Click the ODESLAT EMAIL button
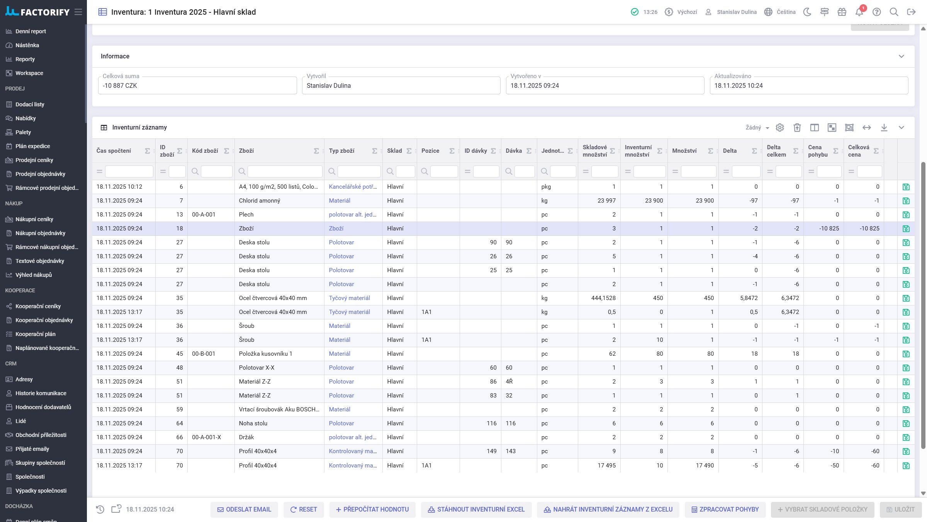coord(244,509)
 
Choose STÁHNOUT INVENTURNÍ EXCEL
coord(476,509)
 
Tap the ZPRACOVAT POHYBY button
coord(725,509)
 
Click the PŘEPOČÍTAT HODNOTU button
coord(372,509)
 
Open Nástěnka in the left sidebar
coord(27,45)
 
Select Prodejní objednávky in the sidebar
coord(40,174)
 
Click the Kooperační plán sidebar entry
coord(35,334)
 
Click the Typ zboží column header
coord(341,151)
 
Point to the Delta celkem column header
coord(776,151)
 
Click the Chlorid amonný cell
coord(260,201)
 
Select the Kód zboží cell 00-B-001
coord(204,354)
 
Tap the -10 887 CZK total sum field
coord(197,85)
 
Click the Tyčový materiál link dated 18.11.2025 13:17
coord(349,312)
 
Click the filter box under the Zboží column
coord(285,171)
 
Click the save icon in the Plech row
coord(906,215)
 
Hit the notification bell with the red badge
coord(859,12)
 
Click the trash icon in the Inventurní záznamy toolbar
coord(797,128)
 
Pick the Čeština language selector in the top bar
coord(780,12)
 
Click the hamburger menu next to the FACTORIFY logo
coord(78,12)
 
